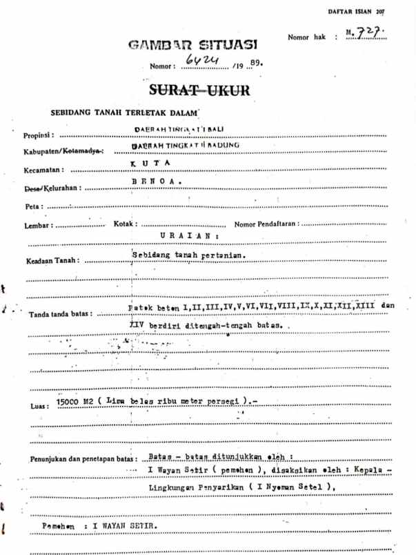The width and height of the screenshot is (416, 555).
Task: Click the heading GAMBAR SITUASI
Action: point(194,46)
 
